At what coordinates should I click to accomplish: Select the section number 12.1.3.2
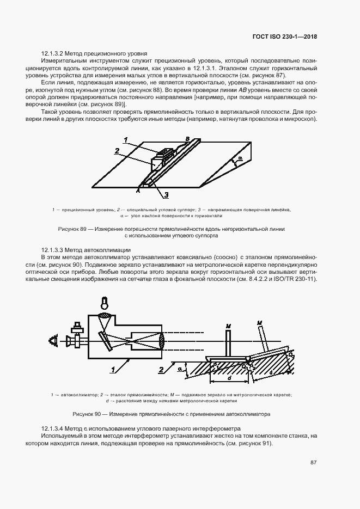[x=53, y=54]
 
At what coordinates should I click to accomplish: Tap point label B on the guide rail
[x=188, y=139]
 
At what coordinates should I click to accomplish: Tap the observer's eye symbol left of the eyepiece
[x=54, y=341]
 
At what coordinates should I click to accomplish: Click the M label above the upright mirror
[x=228, y=326]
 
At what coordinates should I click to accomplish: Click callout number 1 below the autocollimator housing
[x=113, y=370]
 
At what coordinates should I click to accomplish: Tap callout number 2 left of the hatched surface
[x=161, y=371]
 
